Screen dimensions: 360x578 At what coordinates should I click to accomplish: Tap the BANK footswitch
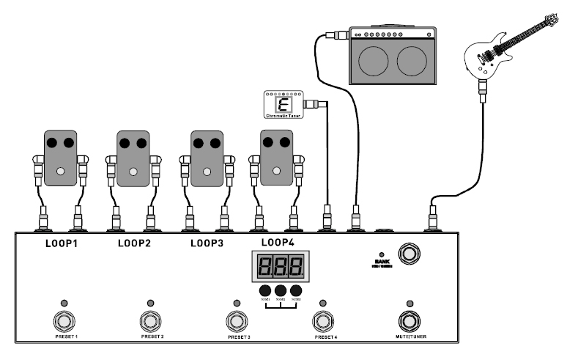(x=409, y=253)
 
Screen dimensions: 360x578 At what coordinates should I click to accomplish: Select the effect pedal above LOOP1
(x=60, y=158)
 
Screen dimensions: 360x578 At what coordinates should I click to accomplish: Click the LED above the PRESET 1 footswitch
(x=64, y=303)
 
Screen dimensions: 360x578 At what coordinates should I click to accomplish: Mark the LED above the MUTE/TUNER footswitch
(x=410, y=303)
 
